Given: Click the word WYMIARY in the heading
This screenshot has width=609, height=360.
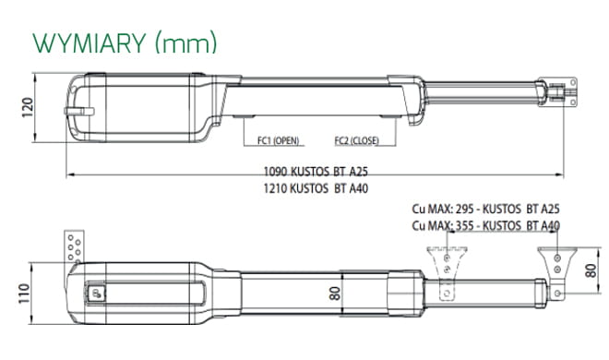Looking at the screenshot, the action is tap(90, 43).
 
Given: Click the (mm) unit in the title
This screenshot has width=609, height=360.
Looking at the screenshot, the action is tap(185, 43).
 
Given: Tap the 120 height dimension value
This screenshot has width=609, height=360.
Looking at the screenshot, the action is tap(27, 108).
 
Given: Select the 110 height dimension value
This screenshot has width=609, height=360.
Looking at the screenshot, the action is tap(24, 294).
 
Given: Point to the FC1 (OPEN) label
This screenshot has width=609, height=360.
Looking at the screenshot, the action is tap(278, 140).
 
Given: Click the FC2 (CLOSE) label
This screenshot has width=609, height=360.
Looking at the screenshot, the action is tap(356, 140).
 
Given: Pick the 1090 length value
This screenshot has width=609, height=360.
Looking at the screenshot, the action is tap(275, 172).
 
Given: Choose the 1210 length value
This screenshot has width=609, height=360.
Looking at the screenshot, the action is tap(275, 188).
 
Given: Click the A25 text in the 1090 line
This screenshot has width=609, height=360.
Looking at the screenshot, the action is tap(359, 172).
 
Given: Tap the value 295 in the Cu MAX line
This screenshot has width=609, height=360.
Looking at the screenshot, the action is tap(464, 209).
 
